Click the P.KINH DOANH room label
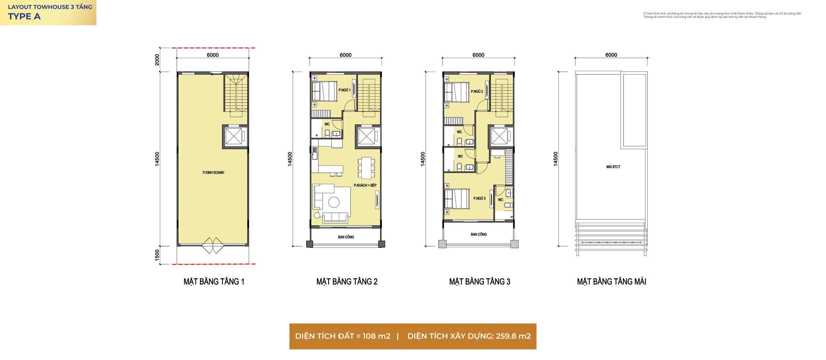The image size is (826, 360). click(x=213, y=173)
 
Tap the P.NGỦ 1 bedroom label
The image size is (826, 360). click(x=344, y=90)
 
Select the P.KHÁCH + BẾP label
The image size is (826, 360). click(x=365, y=185)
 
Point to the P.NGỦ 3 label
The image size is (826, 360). click(x=479, y=198)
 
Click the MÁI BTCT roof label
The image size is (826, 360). click(x=613, y=167)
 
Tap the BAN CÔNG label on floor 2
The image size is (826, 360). click(x=346, y=237)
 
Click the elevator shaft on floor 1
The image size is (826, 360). click(x=235, y=136)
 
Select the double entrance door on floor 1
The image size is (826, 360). click(x=213, y=245)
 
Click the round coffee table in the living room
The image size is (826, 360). click(x=334, y=202)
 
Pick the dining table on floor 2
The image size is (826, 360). click(x=366, y=168)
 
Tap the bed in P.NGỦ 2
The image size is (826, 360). click(x=456, y=92)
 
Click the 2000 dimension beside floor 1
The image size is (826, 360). click(x=157, y=60)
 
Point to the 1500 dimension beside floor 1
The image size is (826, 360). click(x=157, y=255)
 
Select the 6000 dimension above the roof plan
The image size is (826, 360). click(x=611, y=55)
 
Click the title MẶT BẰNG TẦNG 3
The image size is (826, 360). click(x=479, y=282)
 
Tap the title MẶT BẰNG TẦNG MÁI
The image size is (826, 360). click(x=611, y=282)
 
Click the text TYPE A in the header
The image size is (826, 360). click(x=24, y=16)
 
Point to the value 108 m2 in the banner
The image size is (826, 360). click(x=376, y=336)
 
